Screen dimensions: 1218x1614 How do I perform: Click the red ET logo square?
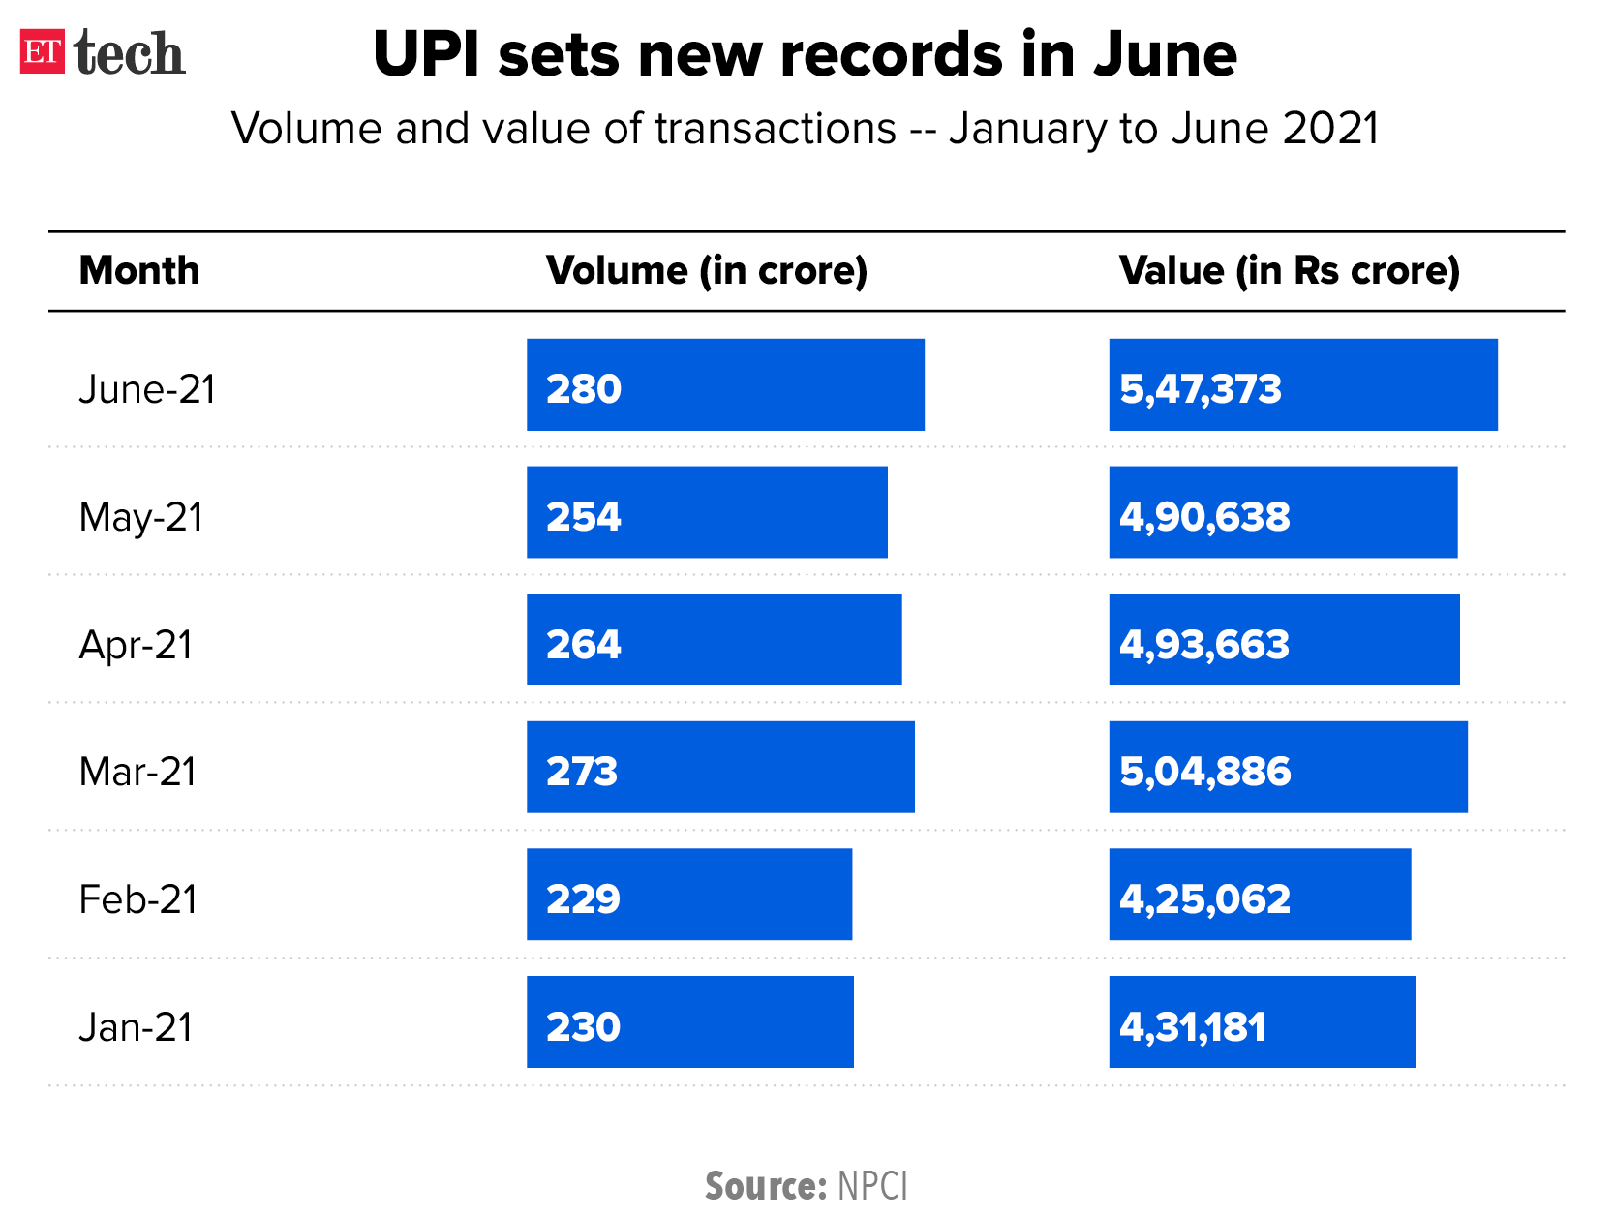click(x=43, y=51)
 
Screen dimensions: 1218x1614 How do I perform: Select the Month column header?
click(x=139, y=270)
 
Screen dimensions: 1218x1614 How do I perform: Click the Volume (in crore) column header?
click(x=706, y=270)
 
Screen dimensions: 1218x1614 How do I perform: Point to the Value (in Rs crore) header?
click(x=1288, y=270)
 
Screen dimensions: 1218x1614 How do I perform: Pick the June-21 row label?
click(x=147, y=389)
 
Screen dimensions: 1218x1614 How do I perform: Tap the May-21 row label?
click(x=141, y=517)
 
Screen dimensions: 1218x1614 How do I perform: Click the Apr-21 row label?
click(x=136, y=645)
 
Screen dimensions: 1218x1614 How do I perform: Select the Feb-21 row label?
click(x=137, y=899)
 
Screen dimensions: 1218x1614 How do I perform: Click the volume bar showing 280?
click(x=724, y=384)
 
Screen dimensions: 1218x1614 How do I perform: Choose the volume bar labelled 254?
click(x=707, y=512)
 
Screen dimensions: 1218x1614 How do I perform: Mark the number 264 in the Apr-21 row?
click(x=583, y=645)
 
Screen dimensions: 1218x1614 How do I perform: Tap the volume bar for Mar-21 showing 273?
click(x=720, y=767)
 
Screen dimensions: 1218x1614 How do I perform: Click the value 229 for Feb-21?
click(x=583, y=899)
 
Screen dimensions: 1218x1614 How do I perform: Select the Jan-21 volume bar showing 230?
click(x=689, y=1021)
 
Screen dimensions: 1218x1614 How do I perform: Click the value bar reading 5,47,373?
click(x=1302, y=384)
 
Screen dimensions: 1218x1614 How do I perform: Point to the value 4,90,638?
click(x=1204, y=517)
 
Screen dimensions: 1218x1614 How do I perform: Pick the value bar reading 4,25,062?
click(x=1259, y=895)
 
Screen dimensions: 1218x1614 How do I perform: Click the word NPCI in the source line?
click(x=871, y=1186)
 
